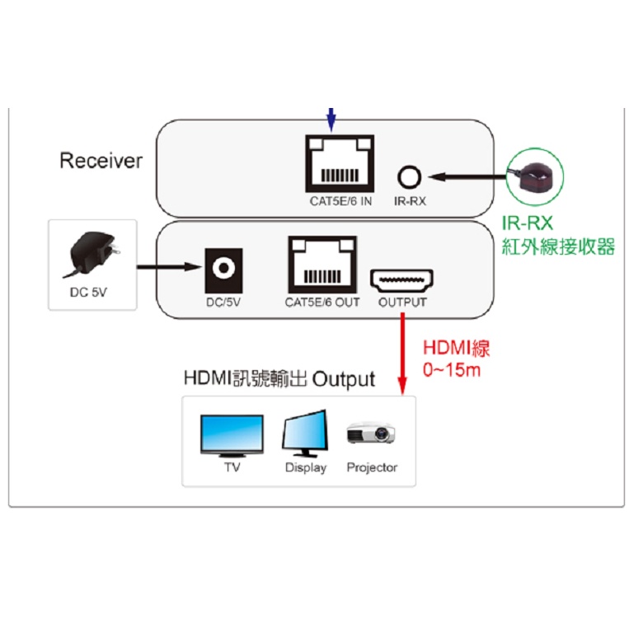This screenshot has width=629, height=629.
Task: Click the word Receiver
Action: [x=101, y=161]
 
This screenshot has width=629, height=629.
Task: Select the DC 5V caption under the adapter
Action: [x=92, y=291]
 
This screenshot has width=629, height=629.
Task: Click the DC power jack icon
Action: [x=223, y=267]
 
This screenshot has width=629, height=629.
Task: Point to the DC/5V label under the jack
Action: [x=223, y=303]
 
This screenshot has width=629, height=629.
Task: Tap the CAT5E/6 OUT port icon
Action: [x=322, y=263]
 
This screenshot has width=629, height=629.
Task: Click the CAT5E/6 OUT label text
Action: [x=322, y=303]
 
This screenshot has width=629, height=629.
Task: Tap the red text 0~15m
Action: [x=451, y=370]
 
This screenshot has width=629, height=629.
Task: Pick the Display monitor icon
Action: [x=306, y=433]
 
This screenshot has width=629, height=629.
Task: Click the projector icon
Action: [x=372, y=434]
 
